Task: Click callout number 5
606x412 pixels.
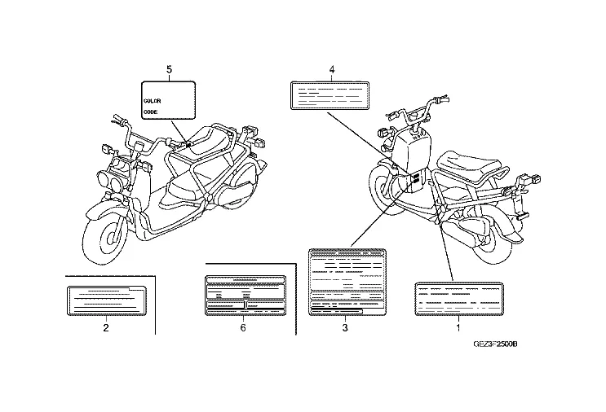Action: coord(169,70)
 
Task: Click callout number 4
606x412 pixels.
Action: coord(332,70)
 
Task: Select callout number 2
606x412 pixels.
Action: coord(106,328)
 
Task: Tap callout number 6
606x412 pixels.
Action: coord(243,328)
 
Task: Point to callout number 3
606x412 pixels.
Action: coord(345,328)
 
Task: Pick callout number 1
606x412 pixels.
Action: coord(458,328)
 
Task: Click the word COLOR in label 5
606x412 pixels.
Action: coord(153,100)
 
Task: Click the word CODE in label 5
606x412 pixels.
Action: coord(150,111)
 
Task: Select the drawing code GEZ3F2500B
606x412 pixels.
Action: coord(495,344)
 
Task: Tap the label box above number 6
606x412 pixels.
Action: coord(245,295)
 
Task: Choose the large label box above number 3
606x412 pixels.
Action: coord(346,280)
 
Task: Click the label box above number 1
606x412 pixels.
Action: coord(458,299)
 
